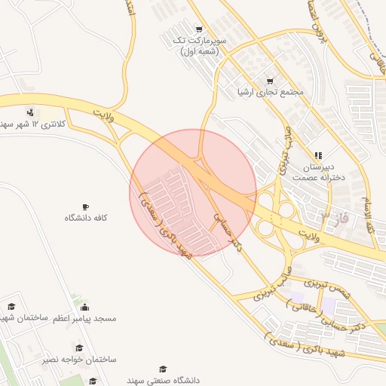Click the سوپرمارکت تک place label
point(198,45)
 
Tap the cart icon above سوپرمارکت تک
point(199,29)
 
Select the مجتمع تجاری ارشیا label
point(270,93)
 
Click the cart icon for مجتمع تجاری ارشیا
point(270,81)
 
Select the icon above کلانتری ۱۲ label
point(30,110)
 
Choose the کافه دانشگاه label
point(86,218)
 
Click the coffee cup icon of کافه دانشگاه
point(85,206)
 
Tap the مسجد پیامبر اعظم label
point(84,319)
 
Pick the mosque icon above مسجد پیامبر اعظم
point(84,307)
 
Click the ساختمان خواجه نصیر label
point(80,360)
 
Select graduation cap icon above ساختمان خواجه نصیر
point(78,348)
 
